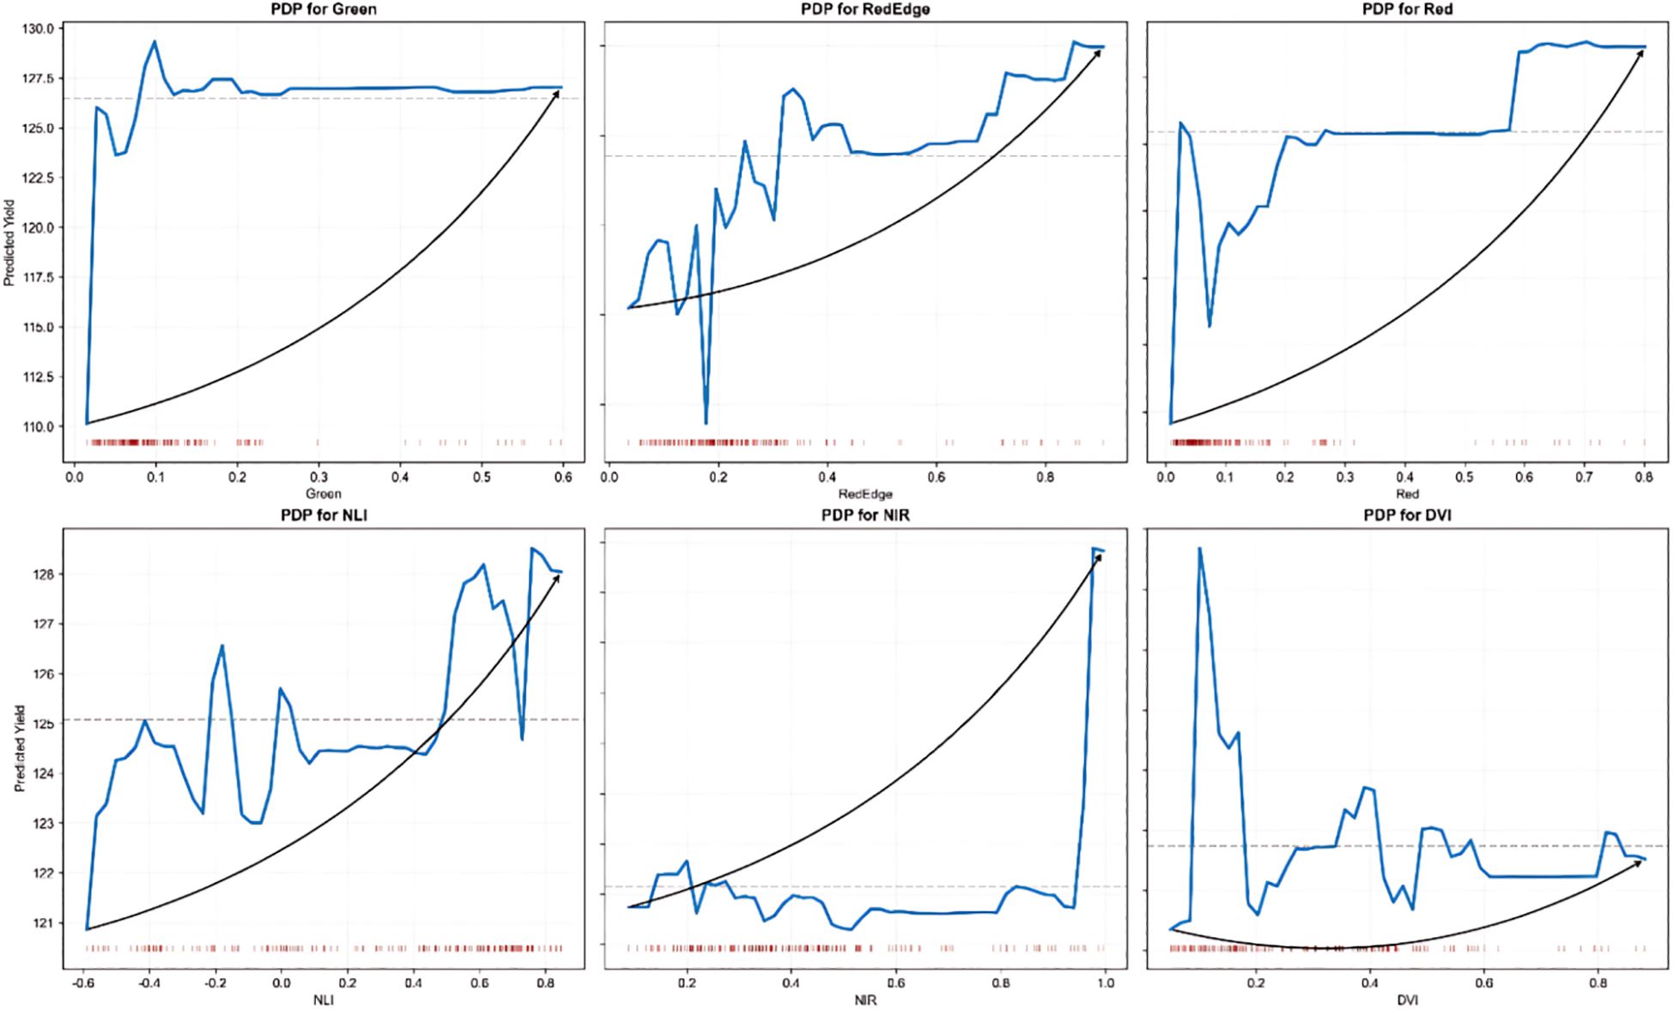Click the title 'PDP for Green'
tap(323, 9)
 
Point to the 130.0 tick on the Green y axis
tap(39, 28)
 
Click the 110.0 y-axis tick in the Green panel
tap(39, 426)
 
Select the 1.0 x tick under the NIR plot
tap(1105, 983)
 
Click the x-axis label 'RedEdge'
tap(865, 494)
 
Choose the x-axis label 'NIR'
tap(865, 1001)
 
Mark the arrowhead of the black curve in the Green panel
tap(557, 92)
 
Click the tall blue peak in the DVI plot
tap(1199, 548)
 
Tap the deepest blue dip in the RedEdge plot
tap(706, 423)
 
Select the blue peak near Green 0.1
tap(155, 41)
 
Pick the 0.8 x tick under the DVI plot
tap(1597, 983)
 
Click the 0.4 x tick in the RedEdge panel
tap(827, 477)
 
